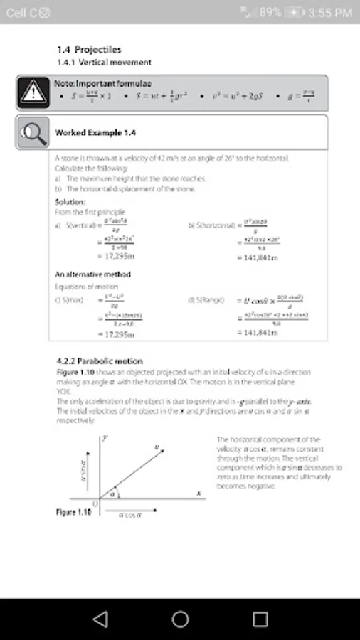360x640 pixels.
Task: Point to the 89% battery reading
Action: click(270, 12)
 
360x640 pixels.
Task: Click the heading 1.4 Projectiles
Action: click(89, 50)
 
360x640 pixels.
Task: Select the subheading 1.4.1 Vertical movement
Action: click(94, 63)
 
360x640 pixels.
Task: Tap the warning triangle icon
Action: click(31, 92)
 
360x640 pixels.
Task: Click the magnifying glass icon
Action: click(31, 132)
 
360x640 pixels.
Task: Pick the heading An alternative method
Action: click(92, 274)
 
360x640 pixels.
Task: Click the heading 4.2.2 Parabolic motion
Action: click(99, 361)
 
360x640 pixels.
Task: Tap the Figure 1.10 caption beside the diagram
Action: click(74, 512)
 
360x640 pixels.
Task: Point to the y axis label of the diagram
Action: click(105, 439)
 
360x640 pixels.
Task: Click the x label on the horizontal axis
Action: click(199, 493)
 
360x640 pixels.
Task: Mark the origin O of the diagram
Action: click(97, 503)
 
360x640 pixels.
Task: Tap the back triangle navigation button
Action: click(100, 619)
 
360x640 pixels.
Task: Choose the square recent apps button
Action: click(260, 619)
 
